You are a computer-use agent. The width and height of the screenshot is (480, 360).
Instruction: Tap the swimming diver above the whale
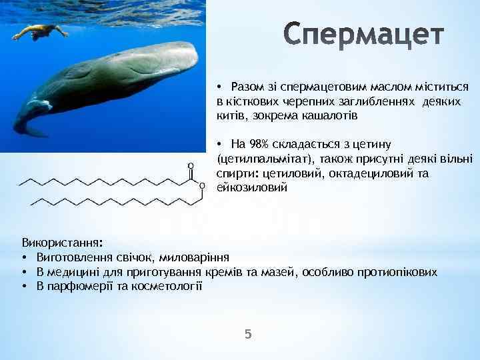(40, 31)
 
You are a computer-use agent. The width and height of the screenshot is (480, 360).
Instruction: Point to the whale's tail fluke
(27, 127)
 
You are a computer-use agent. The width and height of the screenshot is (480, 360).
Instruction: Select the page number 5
(248, 334)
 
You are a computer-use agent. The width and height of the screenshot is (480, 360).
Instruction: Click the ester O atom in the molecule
(202, 186)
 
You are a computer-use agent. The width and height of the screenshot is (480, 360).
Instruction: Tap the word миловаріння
(201, 257)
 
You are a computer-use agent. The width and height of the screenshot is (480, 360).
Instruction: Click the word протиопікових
(400, 271)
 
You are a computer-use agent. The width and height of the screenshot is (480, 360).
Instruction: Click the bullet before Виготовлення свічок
(24, 257)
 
